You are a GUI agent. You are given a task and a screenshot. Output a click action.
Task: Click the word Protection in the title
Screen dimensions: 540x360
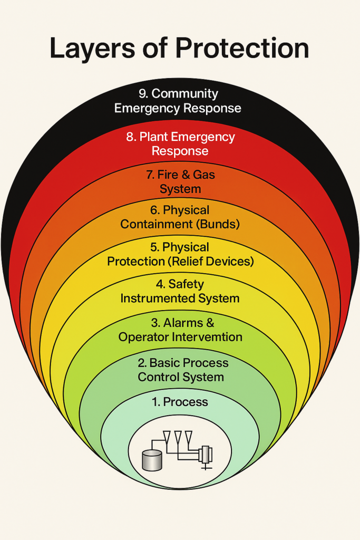tap(242, 49)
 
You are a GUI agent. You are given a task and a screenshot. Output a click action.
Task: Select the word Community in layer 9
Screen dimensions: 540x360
tap(184, 94)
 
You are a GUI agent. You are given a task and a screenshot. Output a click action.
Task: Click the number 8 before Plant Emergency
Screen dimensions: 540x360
tap(130, 137)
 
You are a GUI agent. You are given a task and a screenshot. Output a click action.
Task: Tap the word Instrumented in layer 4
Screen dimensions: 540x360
tap(154, 298)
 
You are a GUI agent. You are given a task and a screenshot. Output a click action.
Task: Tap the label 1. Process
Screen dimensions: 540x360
tap(180, 402)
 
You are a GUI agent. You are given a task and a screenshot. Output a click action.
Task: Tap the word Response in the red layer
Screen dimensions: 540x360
tap(180, 151)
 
